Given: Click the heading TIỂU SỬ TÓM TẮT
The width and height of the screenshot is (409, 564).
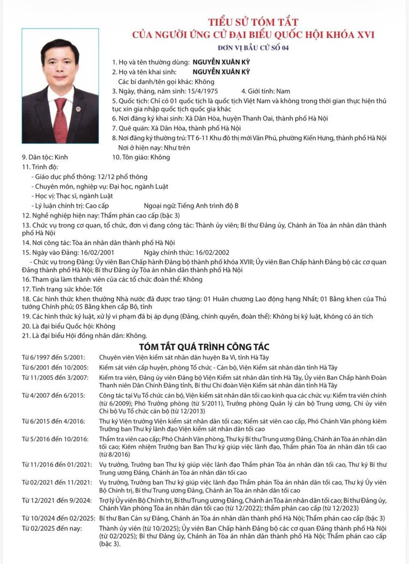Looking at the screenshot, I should (253, 22).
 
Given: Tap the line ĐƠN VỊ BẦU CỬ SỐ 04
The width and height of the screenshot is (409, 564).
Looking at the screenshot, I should (253, 48).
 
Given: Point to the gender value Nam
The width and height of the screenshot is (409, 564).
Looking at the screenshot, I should (283, 91).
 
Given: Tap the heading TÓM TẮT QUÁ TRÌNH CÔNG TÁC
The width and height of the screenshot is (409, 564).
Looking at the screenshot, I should (204, 346).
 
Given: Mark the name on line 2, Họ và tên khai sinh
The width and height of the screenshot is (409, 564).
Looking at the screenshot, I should (221, 72).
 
